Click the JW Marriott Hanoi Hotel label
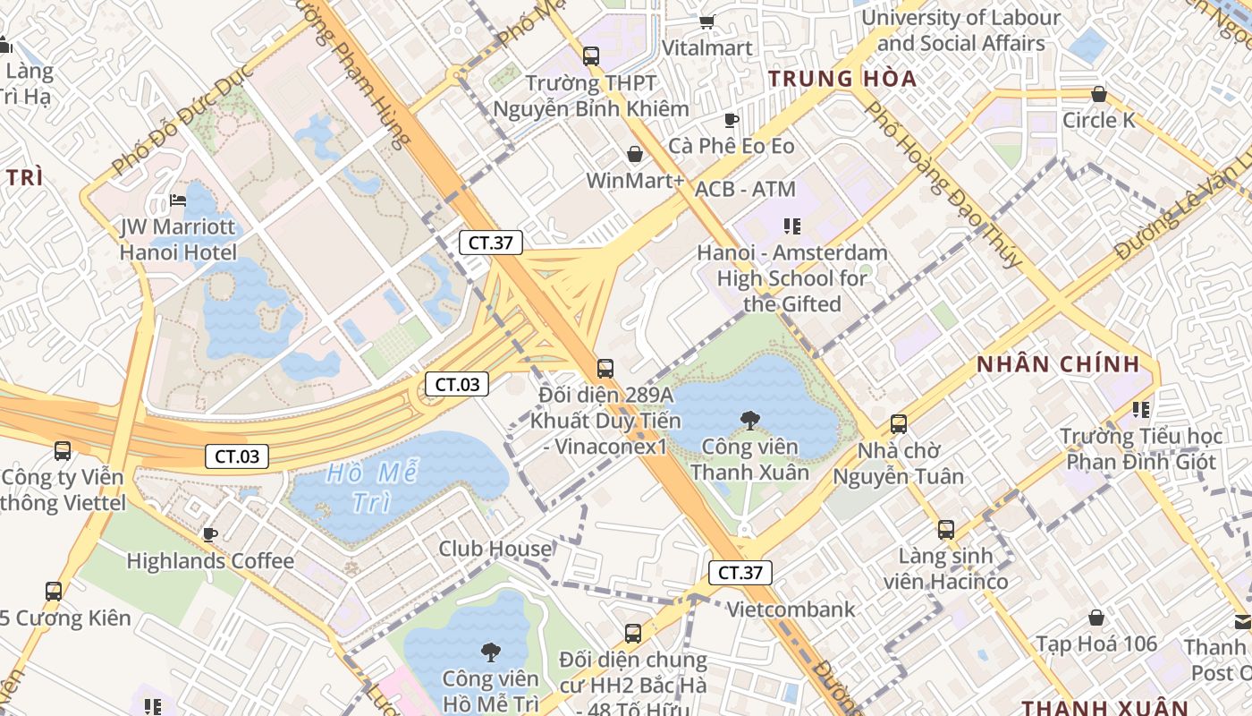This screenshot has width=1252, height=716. pos(179,240)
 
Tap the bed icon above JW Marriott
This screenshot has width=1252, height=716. pos(178,200)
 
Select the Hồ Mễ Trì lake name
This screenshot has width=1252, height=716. pos(372,487)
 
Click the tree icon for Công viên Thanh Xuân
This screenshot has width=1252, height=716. pos(749,420)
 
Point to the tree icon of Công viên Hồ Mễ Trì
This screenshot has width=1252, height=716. pos(490,652)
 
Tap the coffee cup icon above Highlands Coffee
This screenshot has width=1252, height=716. pos(209,534)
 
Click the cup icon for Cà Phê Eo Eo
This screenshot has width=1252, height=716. pos(731,120)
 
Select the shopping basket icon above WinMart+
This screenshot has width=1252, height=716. pos(634,154)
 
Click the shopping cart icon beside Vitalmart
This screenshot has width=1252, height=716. pos(706,21)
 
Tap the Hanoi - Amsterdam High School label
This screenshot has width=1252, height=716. pos(792,278)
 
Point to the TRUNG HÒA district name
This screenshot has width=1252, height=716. pos(842,79)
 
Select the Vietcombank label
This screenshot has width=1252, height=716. pos(791,610)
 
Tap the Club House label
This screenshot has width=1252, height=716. pos(495,549)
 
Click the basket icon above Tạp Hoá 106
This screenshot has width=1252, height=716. pos(1095,618)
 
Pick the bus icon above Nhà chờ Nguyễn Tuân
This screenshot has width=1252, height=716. pos(898,424)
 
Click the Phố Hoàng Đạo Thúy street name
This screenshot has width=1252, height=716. pos(943,183)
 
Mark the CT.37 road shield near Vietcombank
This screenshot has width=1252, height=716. pos(740,573)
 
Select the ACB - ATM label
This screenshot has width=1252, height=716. pos(745,189)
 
